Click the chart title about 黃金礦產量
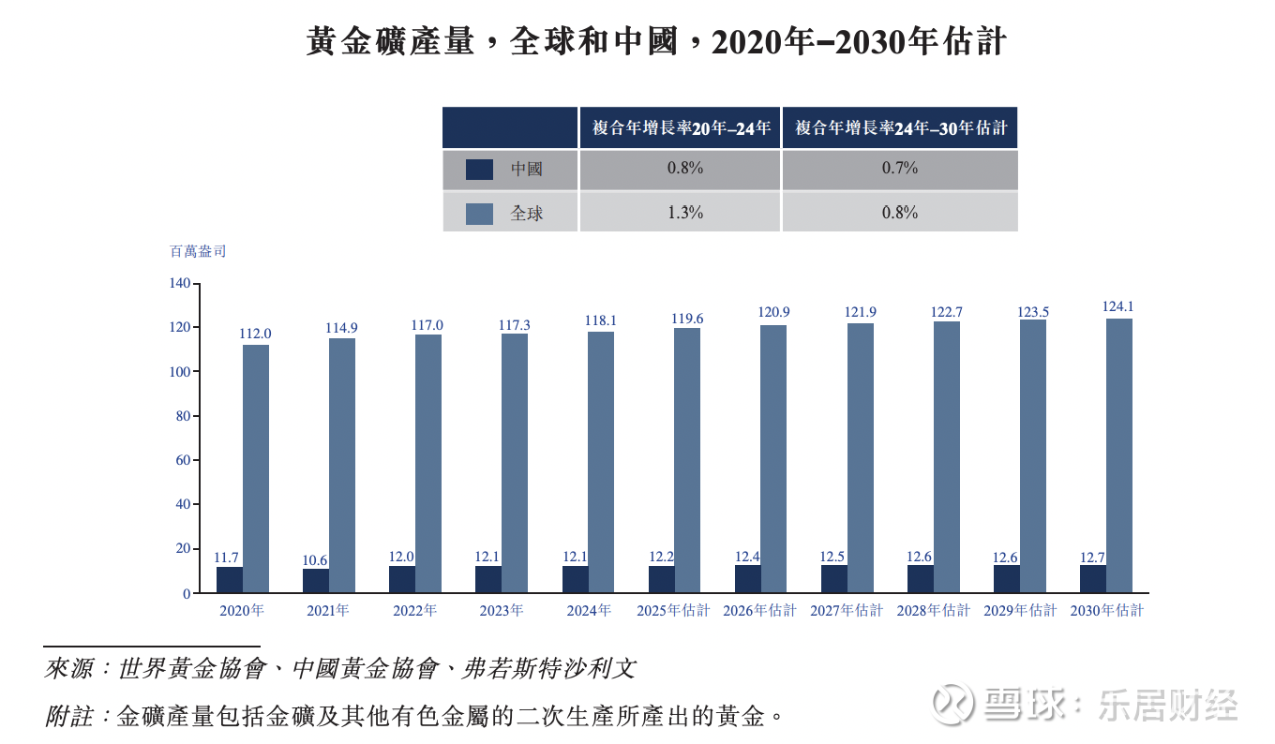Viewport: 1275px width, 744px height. tap(655, 42)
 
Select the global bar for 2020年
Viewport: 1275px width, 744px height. tap(256, 469)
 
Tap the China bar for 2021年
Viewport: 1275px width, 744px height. tap(316, 581)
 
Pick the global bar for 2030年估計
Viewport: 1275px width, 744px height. tap(1118, 455)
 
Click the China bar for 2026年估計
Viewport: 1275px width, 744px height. tap(748, 579)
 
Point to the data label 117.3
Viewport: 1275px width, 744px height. tap(515, 325)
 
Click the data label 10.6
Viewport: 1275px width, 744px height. tap(315, 560)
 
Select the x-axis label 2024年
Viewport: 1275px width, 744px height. tap(589, 611)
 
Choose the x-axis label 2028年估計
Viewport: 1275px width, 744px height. tap(933, 611)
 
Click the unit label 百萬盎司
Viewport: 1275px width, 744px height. tap(197, 251)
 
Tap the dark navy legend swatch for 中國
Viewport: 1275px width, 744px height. tap(479, 170)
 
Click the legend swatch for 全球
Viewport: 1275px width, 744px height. tap(479, 214)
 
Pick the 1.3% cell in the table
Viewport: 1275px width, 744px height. tap(685, 213)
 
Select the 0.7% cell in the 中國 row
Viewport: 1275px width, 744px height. tap(899, 169)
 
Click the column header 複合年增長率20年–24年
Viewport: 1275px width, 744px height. tap(682, 127)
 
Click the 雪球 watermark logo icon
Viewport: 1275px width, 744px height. tap(953, 704)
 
